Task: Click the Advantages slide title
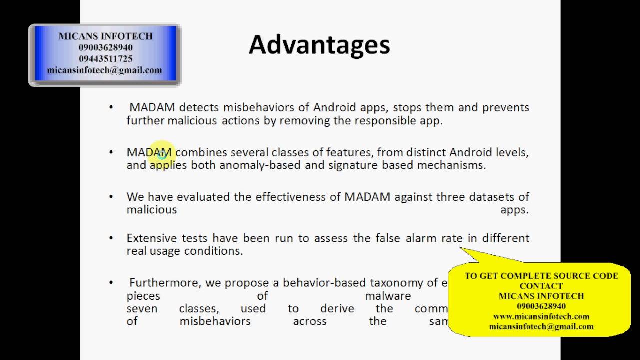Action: pyautogui.click(x=319, y=44)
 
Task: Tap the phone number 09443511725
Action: pyautogui.click(x=105, y=59)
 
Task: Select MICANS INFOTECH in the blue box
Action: pyautogui.click(x=105, y=36)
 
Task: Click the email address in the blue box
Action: pyautogui.click(x=104, y=70)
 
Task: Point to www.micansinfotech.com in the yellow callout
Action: pyautogui.click(x=541, y=316)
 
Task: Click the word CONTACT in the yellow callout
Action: pyautogui.click(x=541, y=286)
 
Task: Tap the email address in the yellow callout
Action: pyautogui.click(x=541, y=326)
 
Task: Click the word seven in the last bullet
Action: pyautogui.click(x=142, y=308)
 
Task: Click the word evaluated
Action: pyautogui.click(x=203, y=197)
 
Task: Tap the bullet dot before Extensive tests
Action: pyautogui.click(x=111, y=238)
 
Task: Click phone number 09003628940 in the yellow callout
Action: pyautogui.click(x=541, y=306)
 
